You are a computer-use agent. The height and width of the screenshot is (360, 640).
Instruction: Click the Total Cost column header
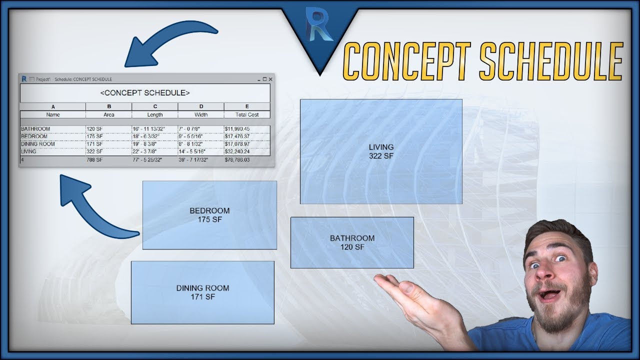pyautogui.click(x=247, y=114)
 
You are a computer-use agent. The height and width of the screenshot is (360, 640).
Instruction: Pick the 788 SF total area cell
pyautogui.click(x=95, y=160)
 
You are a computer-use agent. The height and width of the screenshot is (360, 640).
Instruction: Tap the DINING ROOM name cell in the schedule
pyautogui.click(x=38, y=144)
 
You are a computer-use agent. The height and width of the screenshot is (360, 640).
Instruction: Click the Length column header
pyautogui.click(x=155, y=114)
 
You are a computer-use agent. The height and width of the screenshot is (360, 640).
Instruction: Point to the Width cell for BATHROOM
pyautogui.click(x=190, y=129)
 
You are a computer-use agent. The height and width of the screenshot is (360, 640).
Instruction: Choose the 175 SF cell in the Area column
pyautogui.click(x=94, y=136)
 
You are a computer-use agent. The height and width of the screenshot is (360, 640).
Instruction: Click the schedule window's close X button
pyautogui.click(x=270, y=79)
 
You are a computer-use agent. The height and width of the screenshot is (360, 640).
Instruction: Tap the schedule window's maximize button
pyautogui.click(x=264, y=79)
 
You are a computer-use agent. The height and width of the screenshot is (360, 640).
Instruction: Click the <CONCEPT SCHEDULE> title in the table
pyautogui.click(x=144, y=93)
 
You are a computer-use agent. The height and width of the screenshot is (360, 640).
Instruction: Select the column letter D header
pyautogui.click(x=201, y=106)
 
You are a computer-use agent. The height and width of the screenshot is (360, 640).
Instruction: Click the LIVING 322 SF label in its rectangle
pyautogui.click(x=381, y=151)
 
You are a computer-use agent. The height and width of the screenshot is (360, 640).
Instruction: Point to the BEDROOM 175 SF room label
pyautogui.click(x=209, y=215)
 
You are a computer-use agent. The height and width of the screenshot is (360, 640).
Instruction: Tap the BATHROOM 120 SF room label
pyautogui.click(x=352, y=242)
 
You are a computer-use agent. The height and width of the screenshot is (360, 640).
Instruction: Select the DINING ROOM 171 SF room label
pyautogui.click(x=202, y=292)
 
